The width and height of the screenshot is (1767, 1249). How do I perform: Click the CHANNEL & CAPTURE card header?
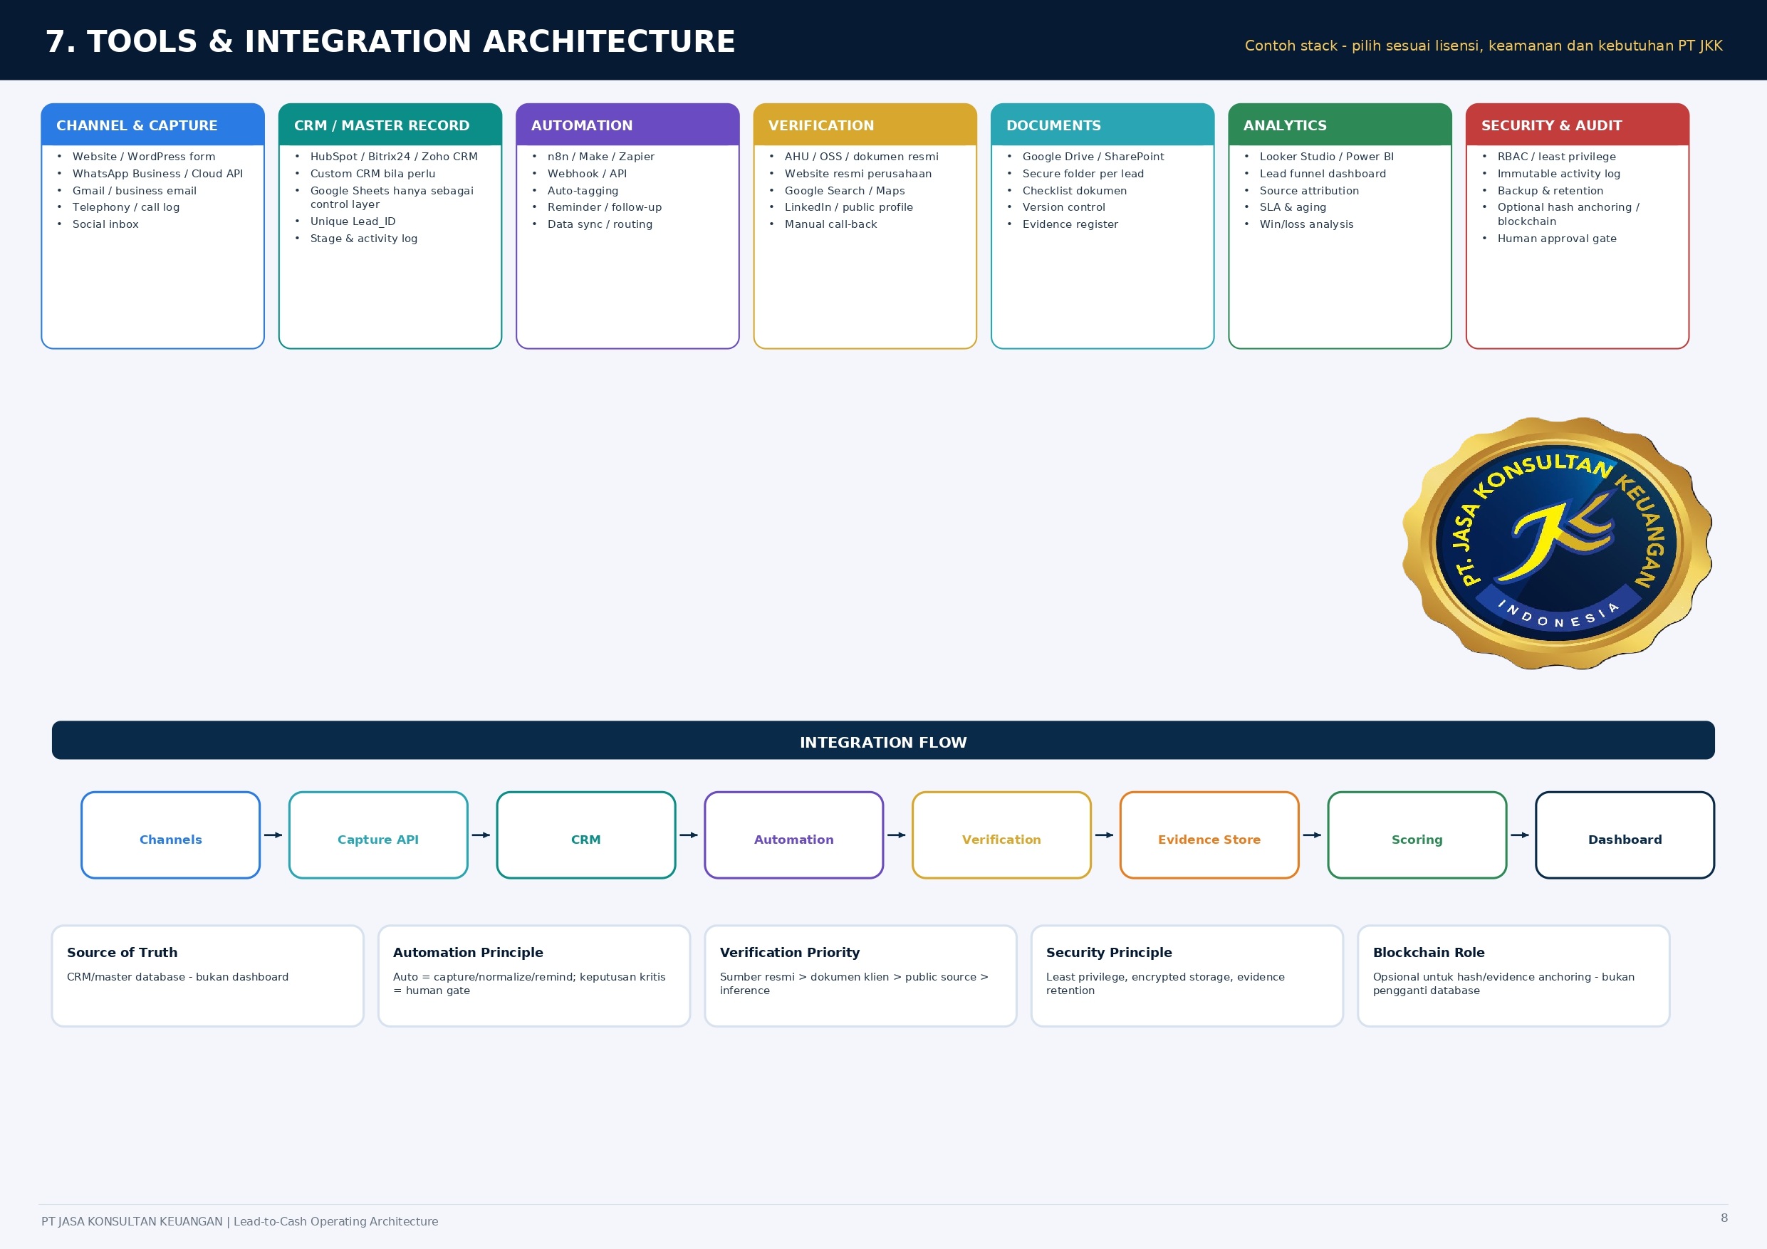pos(152,125)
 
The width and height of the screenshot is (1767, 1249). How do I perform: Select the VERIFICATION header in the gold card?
pos(865,125)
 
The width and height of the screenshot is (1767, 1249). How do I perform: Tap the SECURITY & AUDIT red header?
pos(1578,125)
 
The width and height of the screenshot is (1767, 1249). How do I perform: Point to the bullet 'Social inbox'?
pos(105,224)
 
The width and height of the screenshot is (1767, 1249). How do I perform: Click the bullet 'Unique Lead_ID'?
pos(353,221)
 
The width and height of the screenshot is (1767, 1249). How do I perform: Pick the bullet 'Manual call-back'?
pos(830,224)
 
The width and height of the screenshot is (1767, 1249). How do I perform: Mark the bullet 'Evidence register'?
pos(1070,224)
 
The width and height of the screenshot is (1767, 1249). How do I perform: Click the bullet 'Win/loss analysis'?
pos(1306,224)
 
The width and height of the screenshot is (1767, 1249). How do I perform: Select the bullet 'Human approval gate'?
pos(1557,239)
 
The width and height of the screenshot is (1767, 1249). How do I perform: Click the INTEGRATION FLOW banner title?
pos(883,742)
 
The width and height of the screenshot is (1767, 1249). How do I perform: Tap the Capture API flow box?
pos(378,835)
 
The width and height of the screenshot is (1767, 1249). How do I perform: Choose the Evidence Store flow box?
pos(1209,835)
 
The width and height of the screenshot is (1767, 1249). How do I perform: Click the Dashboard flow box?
pos(1625,835)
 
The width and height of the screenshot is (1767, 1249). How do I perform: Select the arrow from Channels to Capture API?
pos(273,835)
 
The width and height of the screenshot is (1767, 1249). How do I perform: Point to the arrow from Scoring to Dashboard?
pos(1520,835)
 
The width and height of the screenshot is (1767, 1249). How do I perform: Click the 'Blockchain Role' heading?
pos(1429,952)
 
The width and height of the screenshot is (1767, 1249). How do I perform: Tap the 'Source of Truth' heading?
pos(122,952)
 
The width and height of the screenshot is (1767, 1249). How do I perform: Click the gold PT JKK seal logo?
pos(1557,543)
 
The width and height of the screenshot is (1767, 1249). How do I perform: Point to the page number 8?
pos(1724,1218)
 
